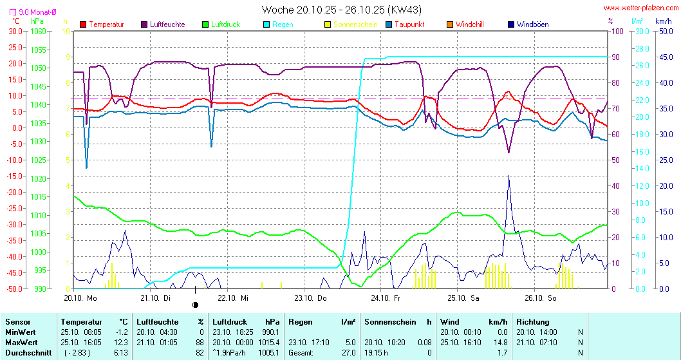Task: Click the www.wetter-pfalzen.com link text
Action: coord(640,8)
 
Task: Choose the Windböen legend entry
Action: coord(532,24)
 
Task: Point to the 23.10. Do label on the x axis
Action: coord(310,298)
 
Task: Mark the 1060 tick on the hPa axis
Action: coord(38,31)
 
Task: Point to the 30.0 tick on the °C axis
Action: coord(15,31)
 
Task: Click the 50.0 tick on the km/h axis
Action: coord(664,31)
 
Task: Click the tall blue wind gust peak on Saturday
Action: coord(508,178)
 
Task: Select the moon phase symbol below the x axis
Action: coord(196,305)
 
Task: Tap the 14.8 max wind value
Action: coord(500,342)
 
